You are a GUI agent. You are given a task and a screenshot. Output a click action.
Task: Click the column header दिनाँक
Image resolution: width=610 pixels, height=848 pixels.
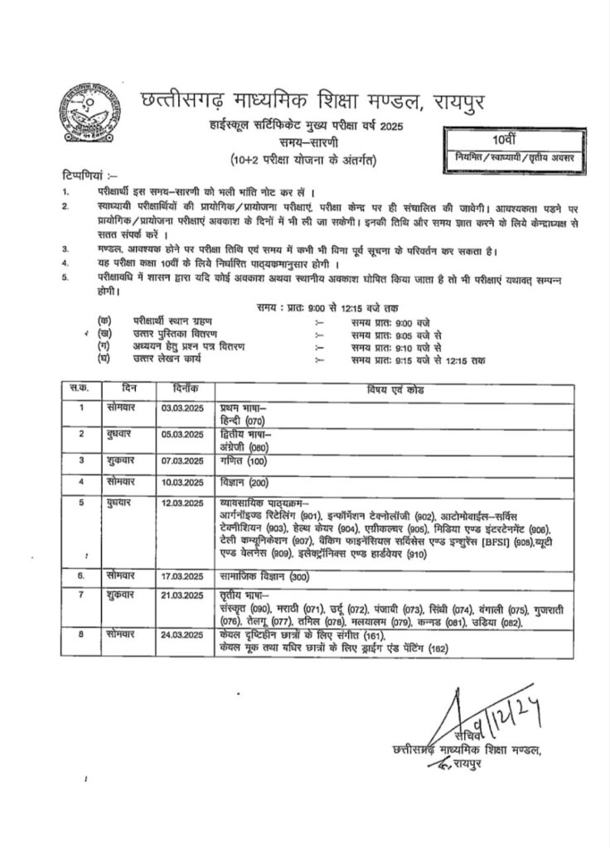pos(183,388)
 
